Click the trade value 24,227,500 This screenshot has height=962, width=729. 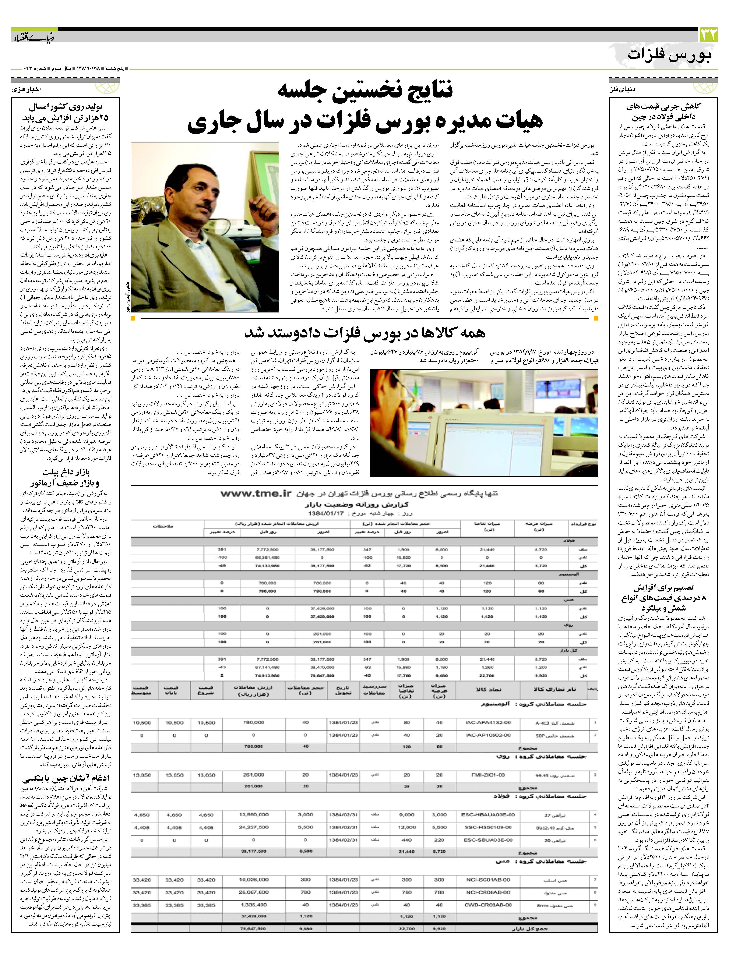253,828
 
